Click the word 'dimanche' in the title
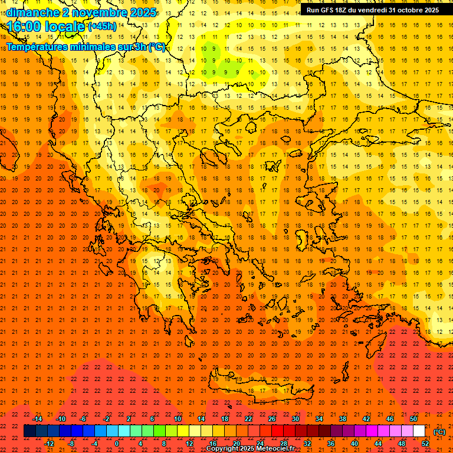32,12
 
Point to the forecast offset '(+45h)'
102,27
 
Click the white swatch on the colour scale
419,431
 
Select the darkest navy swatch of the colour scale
29,431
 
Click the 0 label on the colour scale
117,444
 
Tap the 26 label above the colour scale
272,419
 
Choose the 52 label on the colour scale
425,444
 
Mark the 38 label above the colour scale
343,419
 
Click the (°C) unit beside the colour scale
439,432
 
